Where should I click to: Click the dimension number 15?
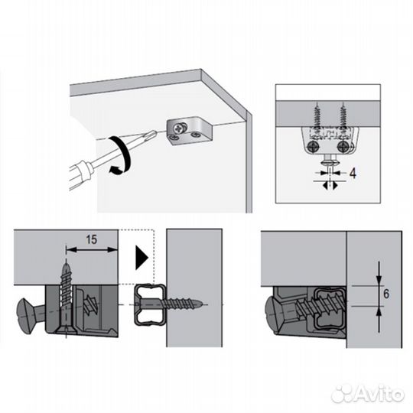pyautogui.click(x=92, y=239)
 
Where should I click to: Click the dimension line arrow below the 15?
pyautogui.click(x=92, y=250)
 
